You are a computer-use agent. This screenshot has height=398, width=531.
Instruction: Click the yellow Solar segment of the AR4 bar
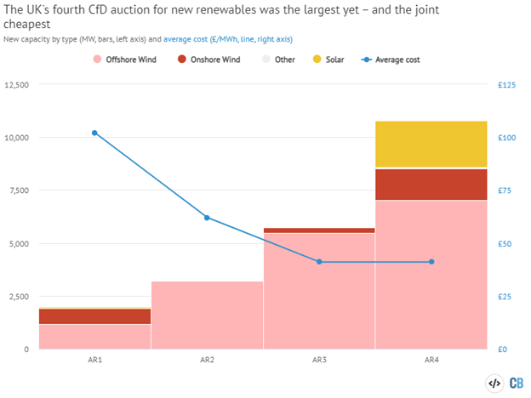[x=431, y=145]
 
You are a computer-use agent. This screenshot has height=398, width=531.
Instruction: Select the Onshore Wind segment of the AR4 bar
[x=431, y=184]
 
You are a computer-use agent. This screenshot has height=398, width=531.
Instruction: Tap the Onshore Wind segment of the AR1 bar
[x=94, y=316]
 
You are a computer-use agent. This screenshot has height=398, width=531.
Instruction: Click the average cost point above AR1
[x=94, y=133]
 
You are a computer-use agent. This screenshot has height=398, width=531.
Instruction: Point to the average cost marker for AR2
[x=207, y=218]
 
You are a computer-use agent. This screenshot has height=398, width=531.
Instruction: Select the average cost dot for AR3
[x=319, y=262]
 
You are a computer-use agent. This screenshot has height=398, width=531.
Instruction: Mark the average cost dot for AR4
[x=431, y=262]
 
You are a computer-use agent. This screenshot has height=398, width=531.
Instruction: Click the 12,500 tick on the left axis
[x=17, y=85]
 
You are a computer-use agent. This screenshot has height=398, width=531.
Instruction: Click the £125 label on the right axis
[x=506, y=85]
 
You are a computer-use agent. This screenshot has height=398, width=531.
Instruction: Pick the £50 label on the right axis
[x=504, y=244]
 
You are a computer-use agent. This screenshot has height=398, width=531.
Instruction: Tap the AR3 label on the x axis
[x=319, y=361]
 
